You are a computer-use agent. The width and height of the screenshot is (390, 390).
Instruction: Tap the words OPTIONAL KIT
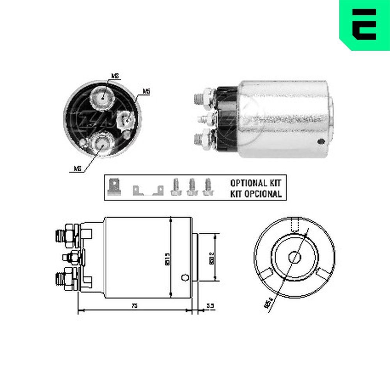[x=255, y=182]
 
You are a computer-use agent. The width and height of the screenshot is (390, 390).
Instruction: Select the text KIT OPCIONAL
[x=255, y=193]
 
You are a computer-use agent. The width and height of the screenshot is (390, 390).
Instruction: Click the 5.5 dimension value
[x=210, y=306]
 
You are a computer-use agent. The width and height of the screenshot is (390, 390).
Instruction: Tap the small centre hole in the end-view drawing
[x=294, y=257]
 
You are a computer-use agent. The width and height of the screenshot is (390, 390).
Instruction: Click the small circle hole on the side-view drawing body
[x=185, y=278]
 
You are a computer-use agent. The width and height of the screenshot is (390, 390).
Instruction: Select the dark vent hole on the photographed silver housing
[x=321, y=141]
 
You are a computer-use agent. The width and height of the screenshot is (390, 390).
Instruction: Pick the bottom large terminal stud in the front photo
[x=101, y=145]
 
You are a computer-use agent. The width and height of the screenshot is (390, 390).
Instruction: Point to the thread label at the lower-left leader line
[x=77, y=168]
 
